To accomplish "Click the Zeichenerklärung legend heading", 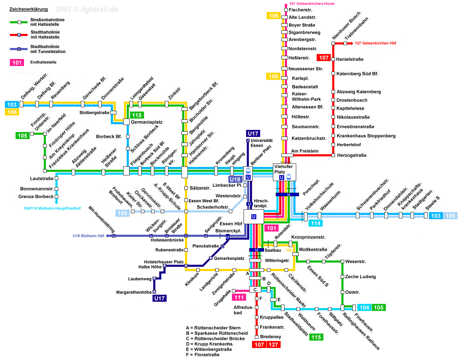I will point(28,10).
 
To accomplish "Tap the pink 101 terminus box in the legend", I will point(17,62).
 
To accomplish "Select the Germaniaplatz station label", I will point(147,122).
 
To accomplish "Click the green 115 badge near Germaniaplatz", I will point(137,115).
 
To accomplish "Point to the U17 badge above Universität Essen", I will point(253,133).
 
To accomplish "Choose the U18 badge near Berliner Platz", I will point(235,179).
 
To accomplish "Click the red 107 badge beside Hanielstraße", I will point(324,58).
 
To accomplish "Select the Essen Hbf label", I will point(231,224).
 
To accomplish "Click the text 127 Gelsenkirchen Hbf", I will point(375,43).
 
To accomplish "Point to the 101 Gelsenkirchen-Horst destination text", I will point(312,4).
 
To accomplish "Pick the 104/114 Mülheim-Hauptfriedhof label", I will point(52,208).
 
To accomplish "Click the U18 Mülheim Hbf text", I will point(88,236).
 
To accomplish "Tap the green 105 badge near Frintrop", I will point(22,136).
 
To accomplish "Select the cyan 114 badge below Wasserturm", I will point(316,223).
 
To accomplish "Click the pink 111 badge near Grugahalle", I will point(239,297).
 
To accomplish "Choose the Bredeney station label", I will point(270,337).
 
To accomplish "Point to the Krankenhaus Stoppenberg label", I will point(366,136).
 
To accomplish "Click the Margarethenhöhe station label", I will point(134,292).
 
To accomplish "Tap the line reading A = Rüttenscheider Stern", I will point(213,328).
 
